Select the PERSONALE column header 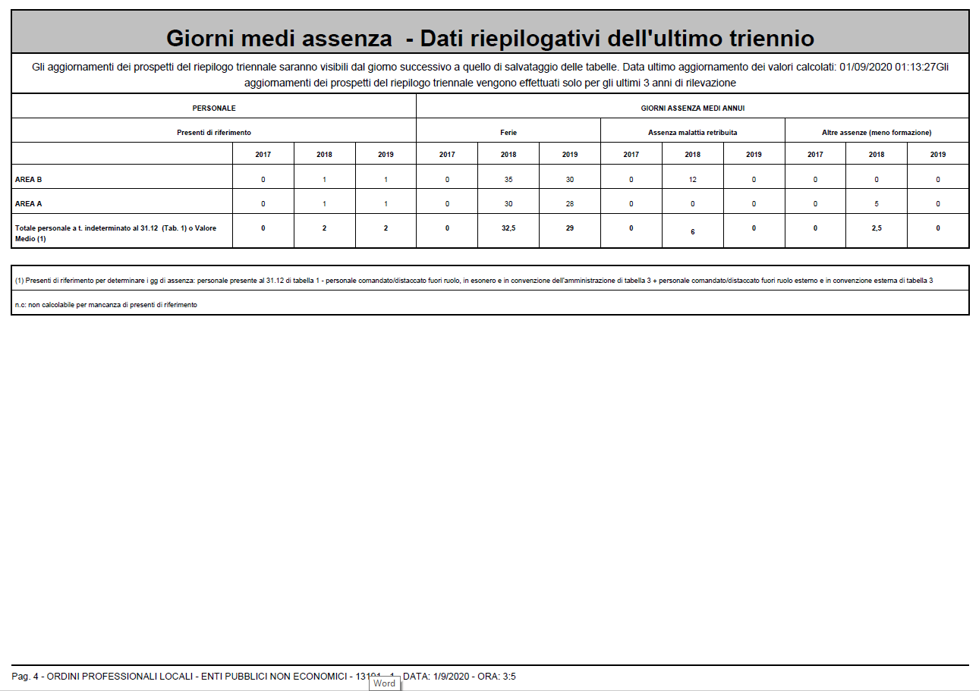pos(214,108)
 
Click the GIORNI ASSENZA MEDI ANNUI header pos(692,108)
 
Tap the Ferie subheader pos(508,133)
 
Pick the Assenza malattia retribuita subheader pos(692,133)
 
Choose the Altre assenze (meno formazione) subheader pos(877,133)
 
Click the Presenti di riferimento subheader pos(214,133)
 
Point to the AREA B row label pos(29,180)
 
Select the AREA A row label pos(29,204)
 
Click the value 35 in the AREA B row pos(508,180)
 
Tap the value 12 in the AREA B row pos(692,180)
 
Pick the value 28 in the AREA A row pos(570,204)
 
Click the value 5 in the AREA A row pos(877,204)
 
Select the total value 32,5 pos(508,228)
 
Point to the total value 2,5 pos(877,228)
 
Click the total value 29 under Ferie pos(570,228)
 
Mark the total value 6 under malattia pos(692,231)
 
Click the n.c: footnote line pos(106,304)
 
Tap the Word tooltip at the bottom pos(384,683)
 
